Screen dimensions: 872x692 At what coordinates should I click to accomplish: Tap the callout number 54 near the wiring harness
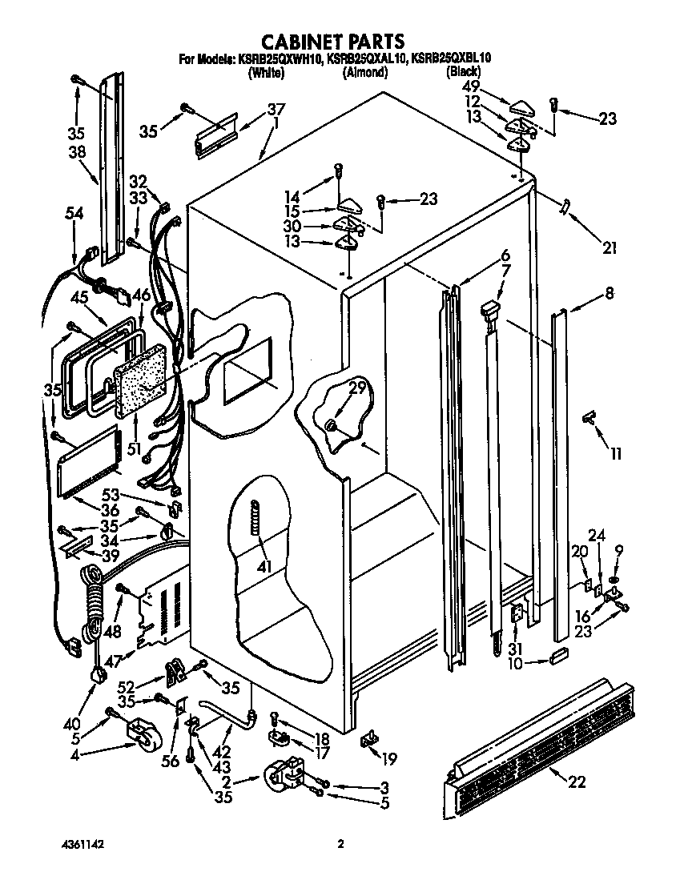[x=74, y=214]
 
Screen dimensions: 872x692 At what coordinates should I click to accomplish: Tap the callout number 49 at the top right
[x=470, y=86]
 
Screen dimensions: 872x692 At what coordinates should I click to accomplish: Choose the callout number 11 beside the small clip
[x=615, y=454]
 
